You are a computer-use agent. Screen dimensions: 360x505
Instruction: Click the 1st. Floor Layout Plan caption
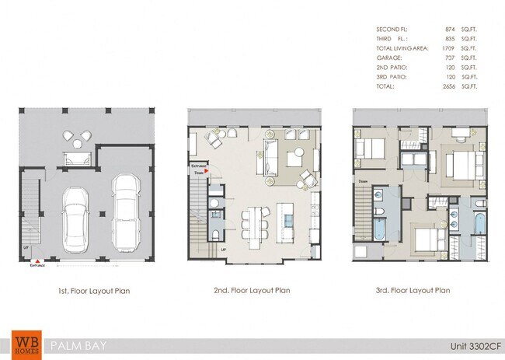point(93,291)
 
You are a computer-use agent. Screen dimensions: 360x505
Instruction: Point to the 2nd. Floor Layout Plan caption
point(252,291)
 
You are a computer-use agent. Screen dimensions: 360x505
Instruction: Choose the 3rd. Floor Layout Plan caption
point(412,291)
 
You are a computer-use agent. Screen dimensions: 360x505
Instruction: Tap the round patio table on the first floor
point(77,140)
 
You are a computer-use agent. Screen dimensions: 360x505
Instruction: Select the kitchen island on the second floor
point(285,223)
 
